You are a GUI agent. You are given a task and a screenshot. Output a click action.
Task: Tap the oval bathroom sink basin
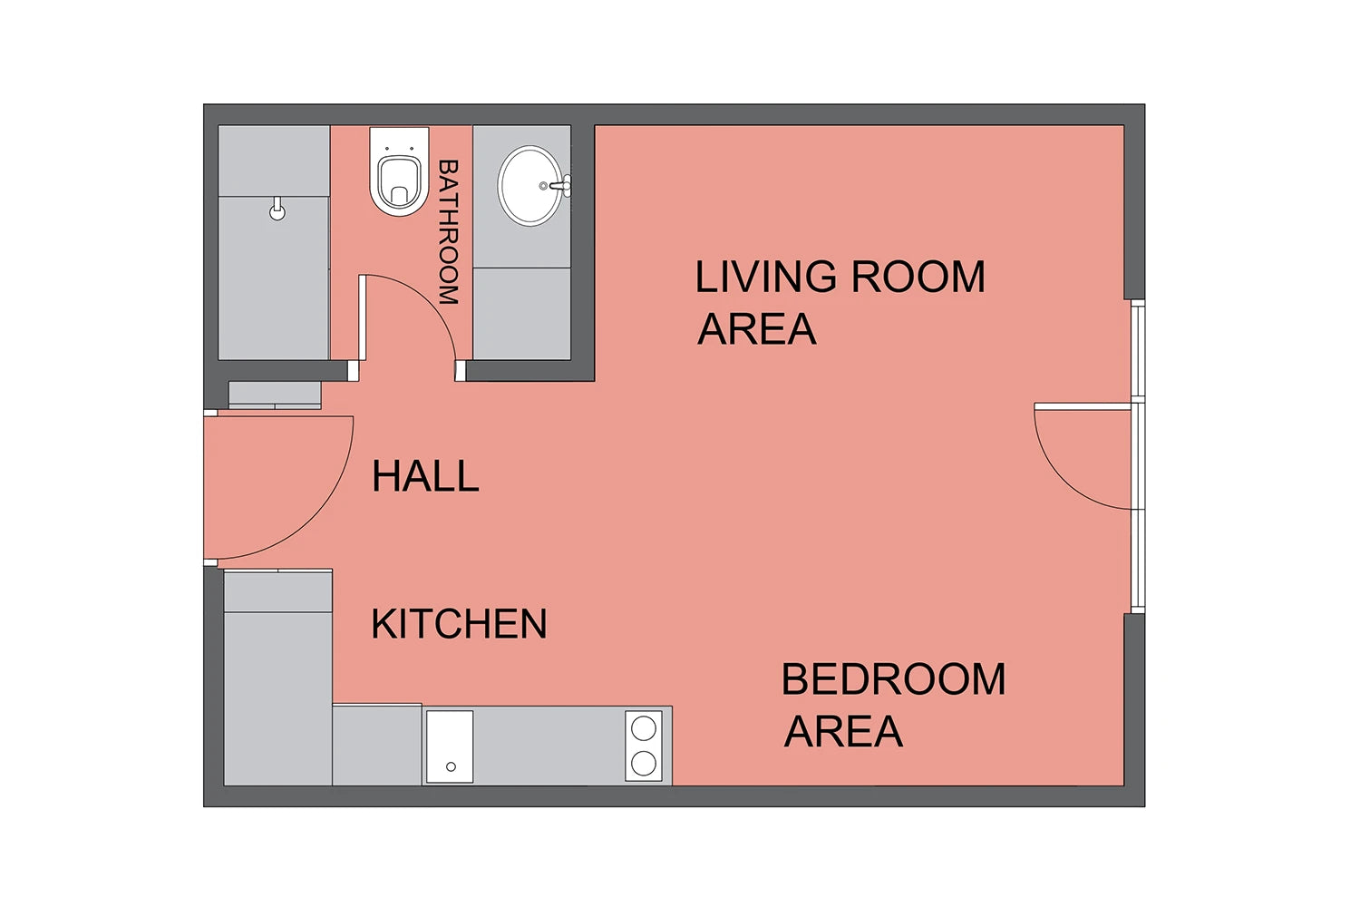pyautogui.click(x=529, y=185)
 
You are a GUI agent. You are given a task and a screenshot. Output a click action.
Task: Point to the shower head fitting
pyautogui.click(x=277, y=209)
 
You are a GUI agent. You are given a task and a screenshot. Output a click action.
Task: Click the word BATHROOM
pyautogui.click(x=449, y=231)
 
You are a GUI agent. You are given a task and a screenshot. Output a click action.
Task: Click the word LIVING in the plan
pyautogui.click(x=765, y=277)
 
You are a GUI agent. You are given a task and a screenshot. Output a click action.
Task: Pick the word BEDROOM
pyautogui.click(x=894, y=679)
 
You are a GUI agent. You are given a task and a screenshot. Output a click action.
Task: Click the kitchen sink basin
pyautogui.click(x=450, y=746)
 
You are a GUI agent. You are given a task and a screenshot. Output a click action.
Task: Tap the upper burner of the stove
pyautogui.click(x=644, y=727)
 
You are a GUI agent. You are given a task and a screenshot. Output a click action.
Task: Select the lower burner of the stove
pyautogui.click(x=644, y=764)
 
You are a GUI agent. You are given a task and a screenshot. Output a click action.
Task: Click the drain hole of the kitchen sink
pyautogui.click(x=451, y=766)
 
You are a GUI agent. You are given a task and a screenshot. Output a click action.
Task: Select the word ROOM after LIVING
pyautogui.click(x=918, y=277)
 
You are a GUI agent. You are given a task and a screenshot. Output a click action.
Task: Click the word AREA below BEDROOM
pyautogui.click(x=843, y=731)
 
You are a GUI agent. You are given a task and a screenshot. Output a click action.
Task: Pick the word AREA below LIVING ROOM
pyautogui.click(x=756, y=328)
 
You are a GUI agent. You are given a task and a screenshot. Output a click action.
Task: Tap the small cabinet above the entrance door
pyautogui.click(x=275, y=395)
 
